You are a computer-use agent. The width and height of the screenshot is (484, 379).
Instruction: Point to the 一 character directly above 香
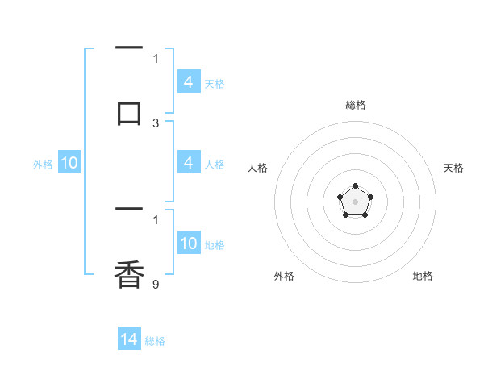click(x=129, y=210)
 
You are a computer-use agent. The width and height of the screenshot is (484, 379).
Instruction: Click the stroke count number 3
click(x=156, y=123)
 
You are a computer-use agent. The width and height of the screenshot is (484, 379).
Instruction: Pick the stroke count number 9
click(x=156, y=284)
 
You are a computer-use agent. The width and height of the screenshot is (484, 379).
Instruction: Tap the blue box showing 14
click(x=129, y=339)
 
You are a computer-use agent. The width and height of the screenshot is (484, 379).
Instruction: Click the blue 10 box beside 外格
click(x=69, y=164)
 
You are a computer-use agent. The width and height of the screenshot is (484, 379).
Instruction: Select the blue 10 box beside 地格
click(x=189, y=244)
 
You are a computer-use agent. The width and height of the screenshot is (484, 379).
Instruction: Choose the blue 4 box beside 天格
click(x=189, y=82)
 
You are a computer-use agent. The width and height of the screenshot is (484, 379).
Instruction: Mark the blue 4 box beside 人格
click(x=189, y=164)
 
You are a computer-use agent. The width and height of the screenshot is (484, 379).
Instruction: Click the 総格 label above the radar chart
click(x=356, y=105)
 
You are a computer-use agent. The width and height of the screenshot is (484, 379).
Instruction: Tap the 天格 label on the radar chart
click(x=453, y=168)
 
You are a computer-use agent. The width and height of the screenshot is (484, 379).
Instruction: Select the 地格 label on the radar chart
click(x=423, y=276)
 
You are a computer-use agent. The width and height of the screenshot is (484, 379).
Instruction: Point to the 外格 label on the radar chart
click(x=284, y=276)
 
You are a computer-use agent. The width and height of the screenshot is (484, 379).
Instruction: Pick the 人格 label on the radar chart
click(x=258, y=168)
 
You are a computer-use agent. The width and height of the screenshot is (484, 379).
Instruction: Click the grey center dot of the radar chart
click(x=355, y=201)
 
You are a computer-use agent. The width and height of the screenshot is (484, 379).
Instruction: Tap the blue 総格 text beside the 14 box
click(x=155, y=341)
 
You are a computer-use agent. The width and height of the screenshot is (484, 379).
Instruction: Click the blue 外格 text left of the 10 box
click(x=43, y=165)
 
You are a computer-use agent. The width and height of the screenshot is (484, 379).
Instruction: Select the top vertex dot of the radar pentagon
click(x=355, y=187)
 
